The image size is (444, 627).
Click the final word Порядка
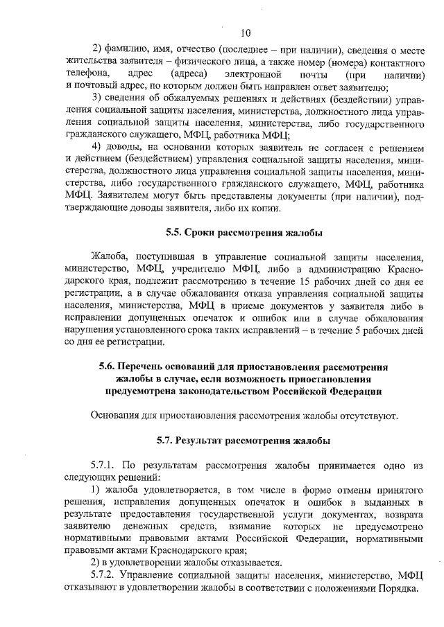(x=398, y=589)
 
